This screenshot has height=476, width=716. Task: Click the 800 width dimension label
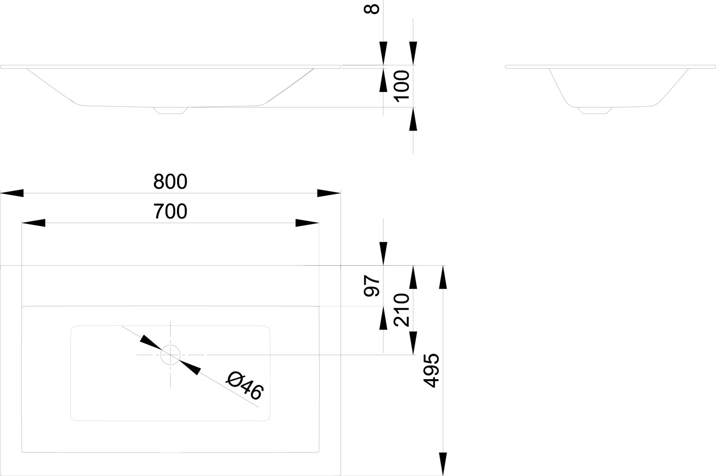170,182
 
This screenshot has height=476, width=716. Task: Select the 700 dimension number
170,212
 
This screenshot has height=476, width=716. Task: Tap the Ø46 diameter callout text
245,385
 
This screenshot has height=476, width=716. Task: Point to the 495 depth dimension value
432,371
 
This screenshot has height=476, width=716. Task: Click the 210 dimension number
402,310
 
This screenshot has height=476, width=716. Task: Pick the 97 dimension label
372,286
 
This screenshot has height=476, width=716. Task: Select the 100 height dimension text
402,85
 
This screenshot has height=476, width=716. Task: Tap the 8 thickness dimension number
372,9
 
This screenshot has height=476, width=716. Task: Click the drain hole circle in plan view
170,355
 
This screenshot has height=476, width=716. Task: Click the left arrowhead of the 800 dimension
12,193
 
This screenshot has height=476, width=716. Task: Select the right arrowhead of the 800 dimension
329,193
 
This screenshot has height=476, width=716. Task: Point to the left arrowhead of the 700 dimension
34,223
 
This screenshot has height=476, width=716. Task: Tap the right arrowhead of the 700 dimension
307,223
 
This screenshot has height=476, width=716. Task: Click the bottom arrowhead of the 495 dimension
443,464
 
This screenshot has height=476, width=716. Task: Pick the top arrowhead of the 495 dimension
443,277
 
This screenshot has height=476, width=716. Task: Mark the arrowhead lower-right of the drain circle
190,367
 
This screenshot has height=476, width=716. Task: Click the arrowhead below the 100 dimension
413,119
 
